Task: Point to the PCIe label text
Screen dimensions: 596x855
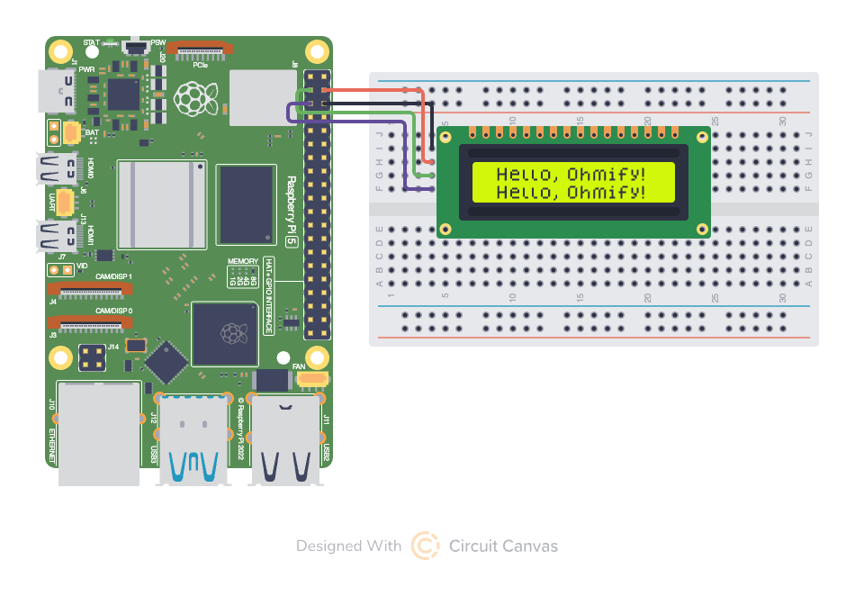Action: pyautogui.click(x=202, y=64)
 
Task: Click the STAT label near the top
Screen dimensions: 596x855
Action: pyautogui.click(x=91, y=42)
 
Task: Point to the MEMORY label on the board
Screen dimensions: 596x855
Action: pyautogui.click(x=243, y=260)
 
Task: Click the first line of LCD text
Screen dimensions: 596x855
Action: pyautogui.click(x=571, y=174)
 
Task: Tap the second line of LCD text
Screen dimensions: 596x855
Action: pyautogui.click(x=571, y=192)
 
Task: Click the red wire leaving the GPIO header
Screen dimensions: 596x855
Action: pyautogui.click(x=369, y=90)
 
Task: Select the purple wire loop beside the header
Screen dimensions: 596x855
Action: pyautogui.click(x=290, y=113)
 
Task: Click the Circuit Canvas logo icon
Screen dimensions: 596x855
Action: pyautogui.click(x=425, y=546)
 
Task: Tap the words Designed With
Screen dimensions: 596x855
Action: pyautogui.click(x=348, y=546)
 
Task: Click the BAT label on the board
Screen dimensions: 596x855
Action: pyautogui.click(x=92, y=132)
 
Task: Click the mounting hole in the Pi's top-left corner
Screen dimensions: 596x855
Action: pyautogui.click(x=61, y=50)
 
